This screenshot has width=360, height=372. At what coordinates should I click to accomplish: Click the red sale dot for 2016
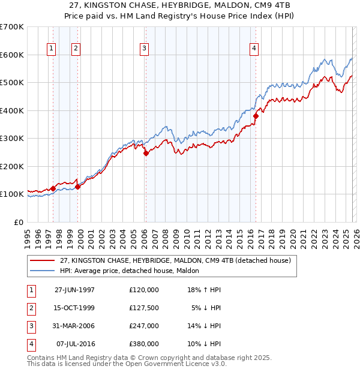[x=256, y=116]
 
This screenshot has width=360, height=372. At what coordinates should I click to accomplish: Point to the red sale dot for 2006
[x=146, y=153]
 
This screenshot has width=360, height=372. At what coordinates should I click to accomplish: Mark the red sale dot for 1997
[x=53, y=188]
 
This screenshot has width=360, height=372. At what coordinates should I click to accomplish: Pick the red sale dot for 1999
[x=77, y=187]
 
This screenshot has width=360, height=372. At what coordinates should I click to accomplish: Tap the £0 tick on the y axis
[x=19, y=222]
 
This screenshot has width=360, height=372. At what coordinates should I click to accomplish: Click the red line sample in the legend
[x=42, y=260]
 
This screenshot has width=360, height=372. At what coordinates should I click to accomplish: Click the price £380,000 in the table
[x=143, y=344]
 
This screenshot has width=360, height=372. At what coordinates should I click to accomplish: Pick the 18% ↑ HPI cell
[x=204, y=290]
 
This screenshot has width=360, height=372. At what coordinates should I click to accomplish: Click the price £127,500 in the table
[x=143, y=308]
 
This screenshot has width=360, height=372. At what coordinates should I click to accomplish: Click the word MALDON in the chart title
[x=205, y=5]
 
